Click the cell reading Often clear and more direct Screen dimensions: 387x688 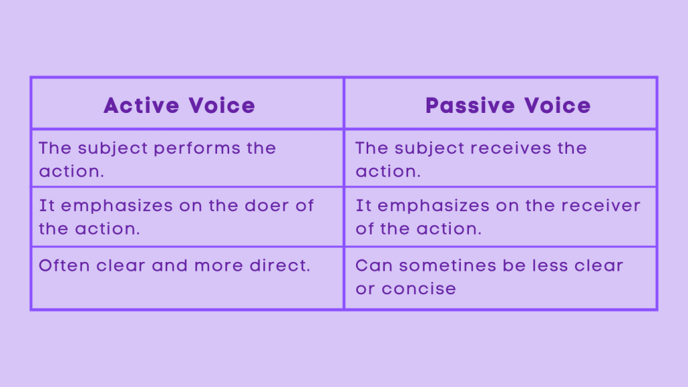tap(187, 277)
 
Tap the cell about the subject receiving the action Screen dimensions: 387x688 tap(500, 159)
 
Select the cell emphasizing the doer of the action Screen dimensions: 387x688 tap(187, 216)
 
